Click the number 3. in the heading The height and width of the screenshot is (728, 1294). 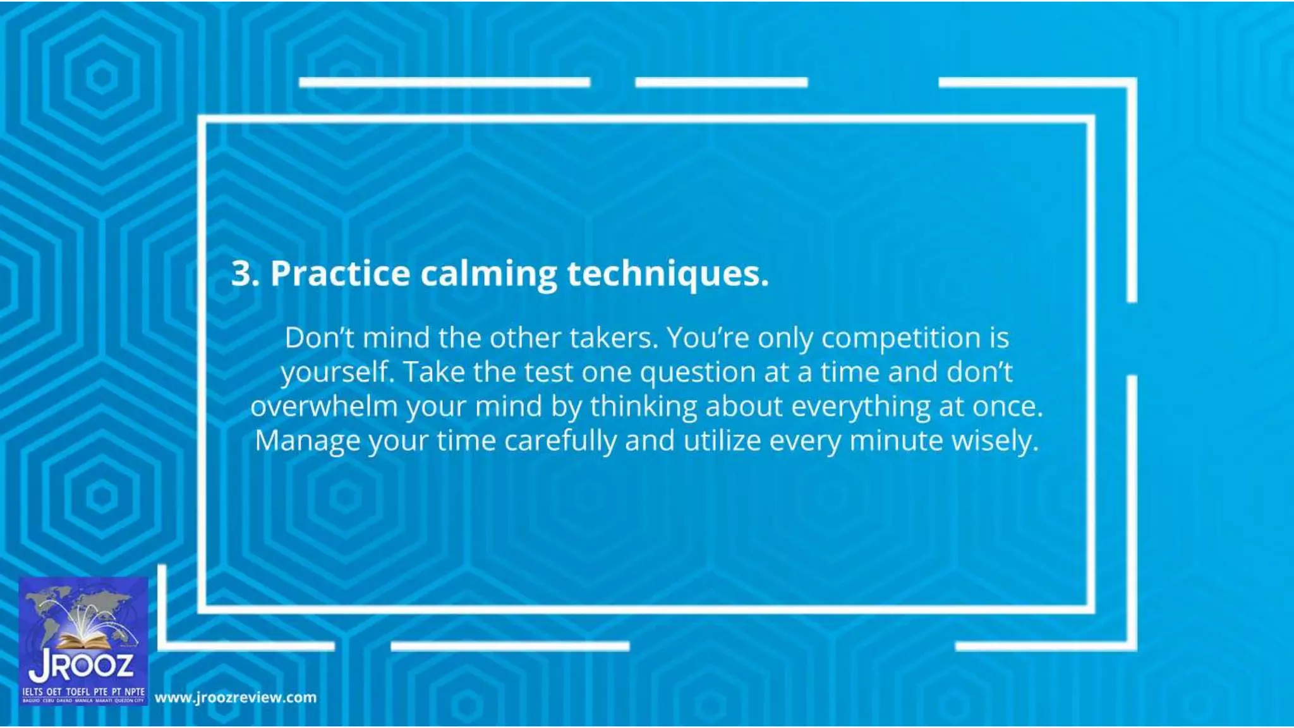245,274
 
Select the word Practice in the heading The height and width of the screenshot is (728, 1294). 340,274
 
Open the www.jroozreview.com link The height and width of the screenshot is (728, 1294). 236,698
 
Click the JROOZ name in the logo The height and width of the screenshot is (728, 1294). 82,666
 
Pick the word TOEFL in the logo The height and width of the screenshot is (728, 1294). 78,692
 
